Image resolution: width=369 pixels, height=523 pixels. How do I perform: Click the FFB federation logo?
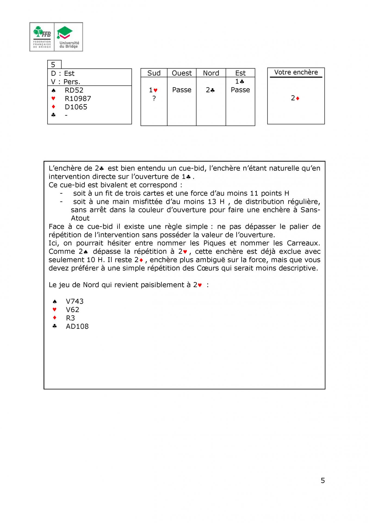coord(42,37)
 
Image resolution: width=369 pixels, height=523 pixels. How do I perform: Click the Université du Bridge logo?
coord(69,37)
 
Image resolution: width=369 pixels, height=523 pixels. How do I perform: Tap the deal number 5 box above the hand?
coord(54,65)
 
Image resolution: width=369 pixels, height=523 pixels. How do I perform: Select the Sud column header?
coord(154,73)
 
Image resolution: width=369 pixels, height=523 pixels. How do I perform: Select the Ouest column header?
coord(182,73)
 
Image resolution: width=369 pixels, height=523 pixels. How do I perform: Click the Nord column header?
coord(211,73)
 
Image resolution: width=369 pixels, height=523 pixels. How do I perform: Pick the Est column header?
coord(240,73)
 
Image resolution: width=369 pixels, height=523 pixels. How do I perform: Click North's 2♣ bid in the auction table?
coord(210,90)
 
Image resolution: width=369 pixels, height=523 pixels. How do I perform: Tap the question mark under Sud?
coord(154,98)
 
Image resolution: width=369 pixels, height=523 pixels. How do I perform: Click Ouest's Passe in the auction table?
coord(182,90)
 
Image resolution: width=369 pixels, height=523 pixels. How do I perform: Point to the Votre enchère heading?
coord(296,72)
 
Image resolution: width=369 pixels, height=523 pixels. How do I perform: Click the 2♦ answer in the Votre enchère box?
coord(295,98)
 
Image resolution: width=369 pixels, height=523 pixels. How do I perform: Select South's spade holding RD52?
coord(74,90)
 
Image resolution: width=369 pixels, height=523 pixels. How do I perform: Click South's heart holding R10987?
coord(78,99)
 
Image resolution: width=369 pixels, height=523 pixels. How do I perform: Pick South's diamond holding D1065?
coord(76,107)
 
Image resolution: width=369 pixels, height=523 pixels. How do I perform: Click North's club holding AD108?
coord(77,326)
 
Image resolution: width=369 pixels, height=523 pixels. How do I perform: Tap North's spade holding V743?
coord(75,301)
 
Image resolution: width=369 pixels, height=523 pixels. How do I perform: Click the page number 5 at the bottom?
coord(323,481)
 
